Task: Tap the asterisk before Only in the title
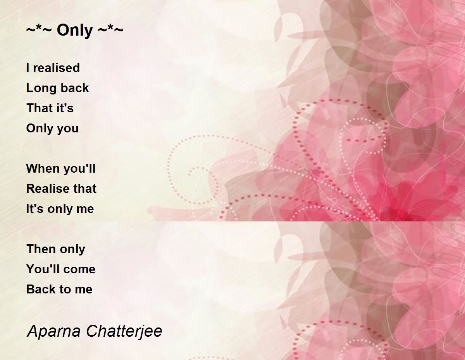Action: pos(39,27)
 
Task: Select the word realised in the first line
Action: pos(56,68)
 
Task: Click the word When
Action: pos(43,168)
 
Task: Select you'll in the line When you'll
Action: pos(79,168)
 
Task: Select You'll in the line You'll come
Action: pos(42,269)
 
